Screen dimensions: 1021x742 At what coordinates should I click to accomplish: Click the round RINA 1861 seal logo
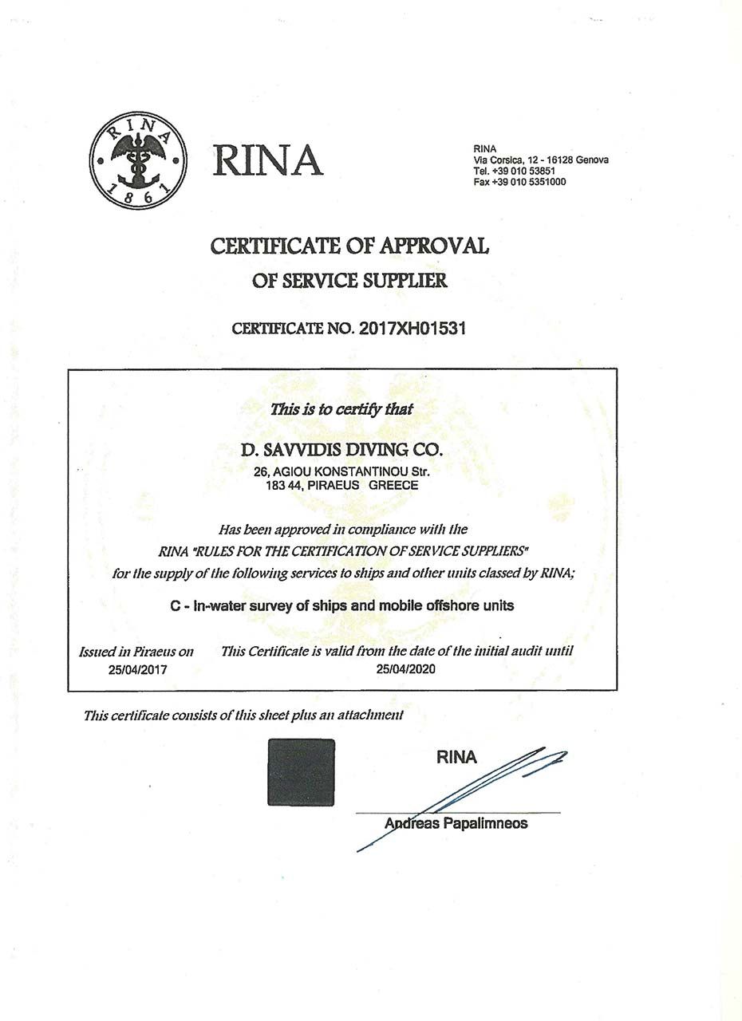point(137,160)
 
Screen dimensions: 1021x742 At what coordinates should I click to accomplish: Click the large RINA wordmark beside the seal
point(267,161)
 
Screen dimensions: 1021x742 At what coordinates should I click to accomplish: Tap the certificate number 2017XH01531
point(412,329)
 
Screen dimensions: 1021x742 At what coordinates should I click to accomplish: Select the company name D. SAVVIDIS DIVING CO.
point(341,450)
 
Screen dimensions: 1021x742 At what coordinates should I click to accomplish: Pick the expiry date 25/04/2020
point(405,669)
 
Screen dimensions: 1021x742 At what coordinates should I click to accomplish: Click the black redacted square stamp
point(301,772)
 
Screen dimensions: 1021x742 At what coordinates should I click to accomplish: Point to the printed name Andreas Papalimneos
point(456,824)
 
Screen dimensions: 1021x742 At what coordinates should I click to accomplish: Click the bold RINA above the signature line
point(456,758)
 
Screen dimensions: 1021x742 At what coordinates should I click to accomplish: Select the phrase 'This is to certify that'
point(341,410)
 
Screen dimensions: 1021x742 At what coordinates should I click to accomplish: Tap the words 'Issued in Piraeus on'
point(136,652)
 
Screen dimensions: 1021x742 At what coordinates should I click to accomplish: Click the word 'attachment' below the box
point(369,715)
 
